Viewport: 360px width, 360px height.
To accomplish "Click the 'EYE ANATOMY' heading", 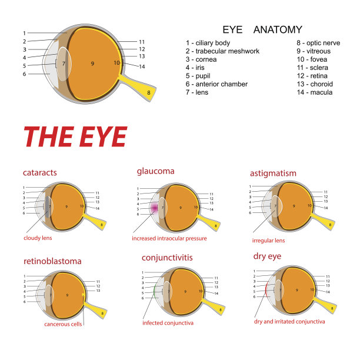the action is [x=262, y=29].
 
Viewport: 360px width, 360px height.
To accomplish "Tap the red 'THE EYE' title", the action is [x=75, y=136].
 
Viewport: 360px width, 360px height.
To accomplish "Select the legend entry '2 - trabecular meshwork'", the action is [x=222, y=51].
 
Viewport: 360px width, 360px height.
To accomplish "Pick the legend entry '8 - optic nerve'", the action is [x=318, y=43].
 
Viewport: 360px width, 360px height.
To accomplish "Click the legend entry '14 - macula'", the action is [x=315, y=92].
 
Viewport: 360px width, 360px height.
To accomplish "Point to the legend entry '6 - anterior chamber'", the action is [x=216, y=84].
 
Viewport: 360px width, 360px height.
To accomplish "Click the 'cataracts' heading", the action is [x=40, y=172].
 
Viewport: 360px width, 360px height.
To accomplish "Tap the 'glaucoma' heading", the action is [x=155, y=172].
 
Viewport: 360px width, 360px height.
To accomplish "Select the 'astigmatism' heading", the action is [x=273, y=174].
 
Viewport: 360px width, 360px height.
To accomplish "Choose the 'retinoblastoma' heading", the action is [x=52, y=261].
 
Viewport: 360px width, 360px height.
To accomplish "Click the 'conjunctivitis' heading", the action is [x=167, y=258].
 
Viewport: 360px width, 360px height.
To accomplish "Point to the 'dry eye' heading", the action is [x=267, y=256].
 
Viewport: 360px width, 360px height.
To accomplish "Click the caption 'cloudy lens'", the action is [x=38, y=238].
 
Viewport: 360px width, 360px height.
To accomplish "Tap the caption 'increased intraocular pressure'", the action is [x=169, y=238].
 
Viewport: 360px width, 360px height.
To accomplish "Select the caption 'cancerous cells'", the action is [x=63, y=324].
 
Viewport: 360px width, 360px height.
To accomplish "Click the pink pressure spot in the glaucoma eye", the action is [x=155, y=208].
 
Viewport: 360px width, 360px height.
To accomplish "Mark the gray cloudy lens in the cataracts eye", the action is [x=48, y=206].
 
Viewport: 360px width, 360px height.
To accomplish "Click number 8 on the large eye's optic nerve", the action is [x=149, y=92].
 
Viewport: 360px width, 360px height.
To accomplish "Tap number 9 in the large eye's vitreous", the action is [x=92, y=64].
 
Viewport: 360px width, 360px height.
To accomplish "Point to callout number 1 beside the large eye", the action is [x=24, y=34].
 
